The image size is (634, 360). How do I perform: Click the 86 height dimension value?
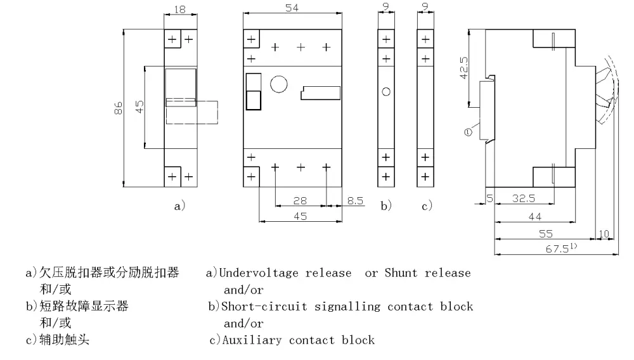[118, 109]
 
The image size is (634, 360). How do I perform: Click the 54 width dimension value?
[292, 8]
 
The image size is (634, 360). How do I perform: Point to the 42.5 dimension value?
[463, 67]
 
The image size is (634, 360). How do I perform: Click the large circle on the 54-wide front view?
[279, 84]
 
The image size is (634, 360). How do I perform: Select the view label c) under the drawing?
[426, 205]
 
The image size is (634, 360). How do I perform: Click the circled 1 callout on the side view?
[468, 132]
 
